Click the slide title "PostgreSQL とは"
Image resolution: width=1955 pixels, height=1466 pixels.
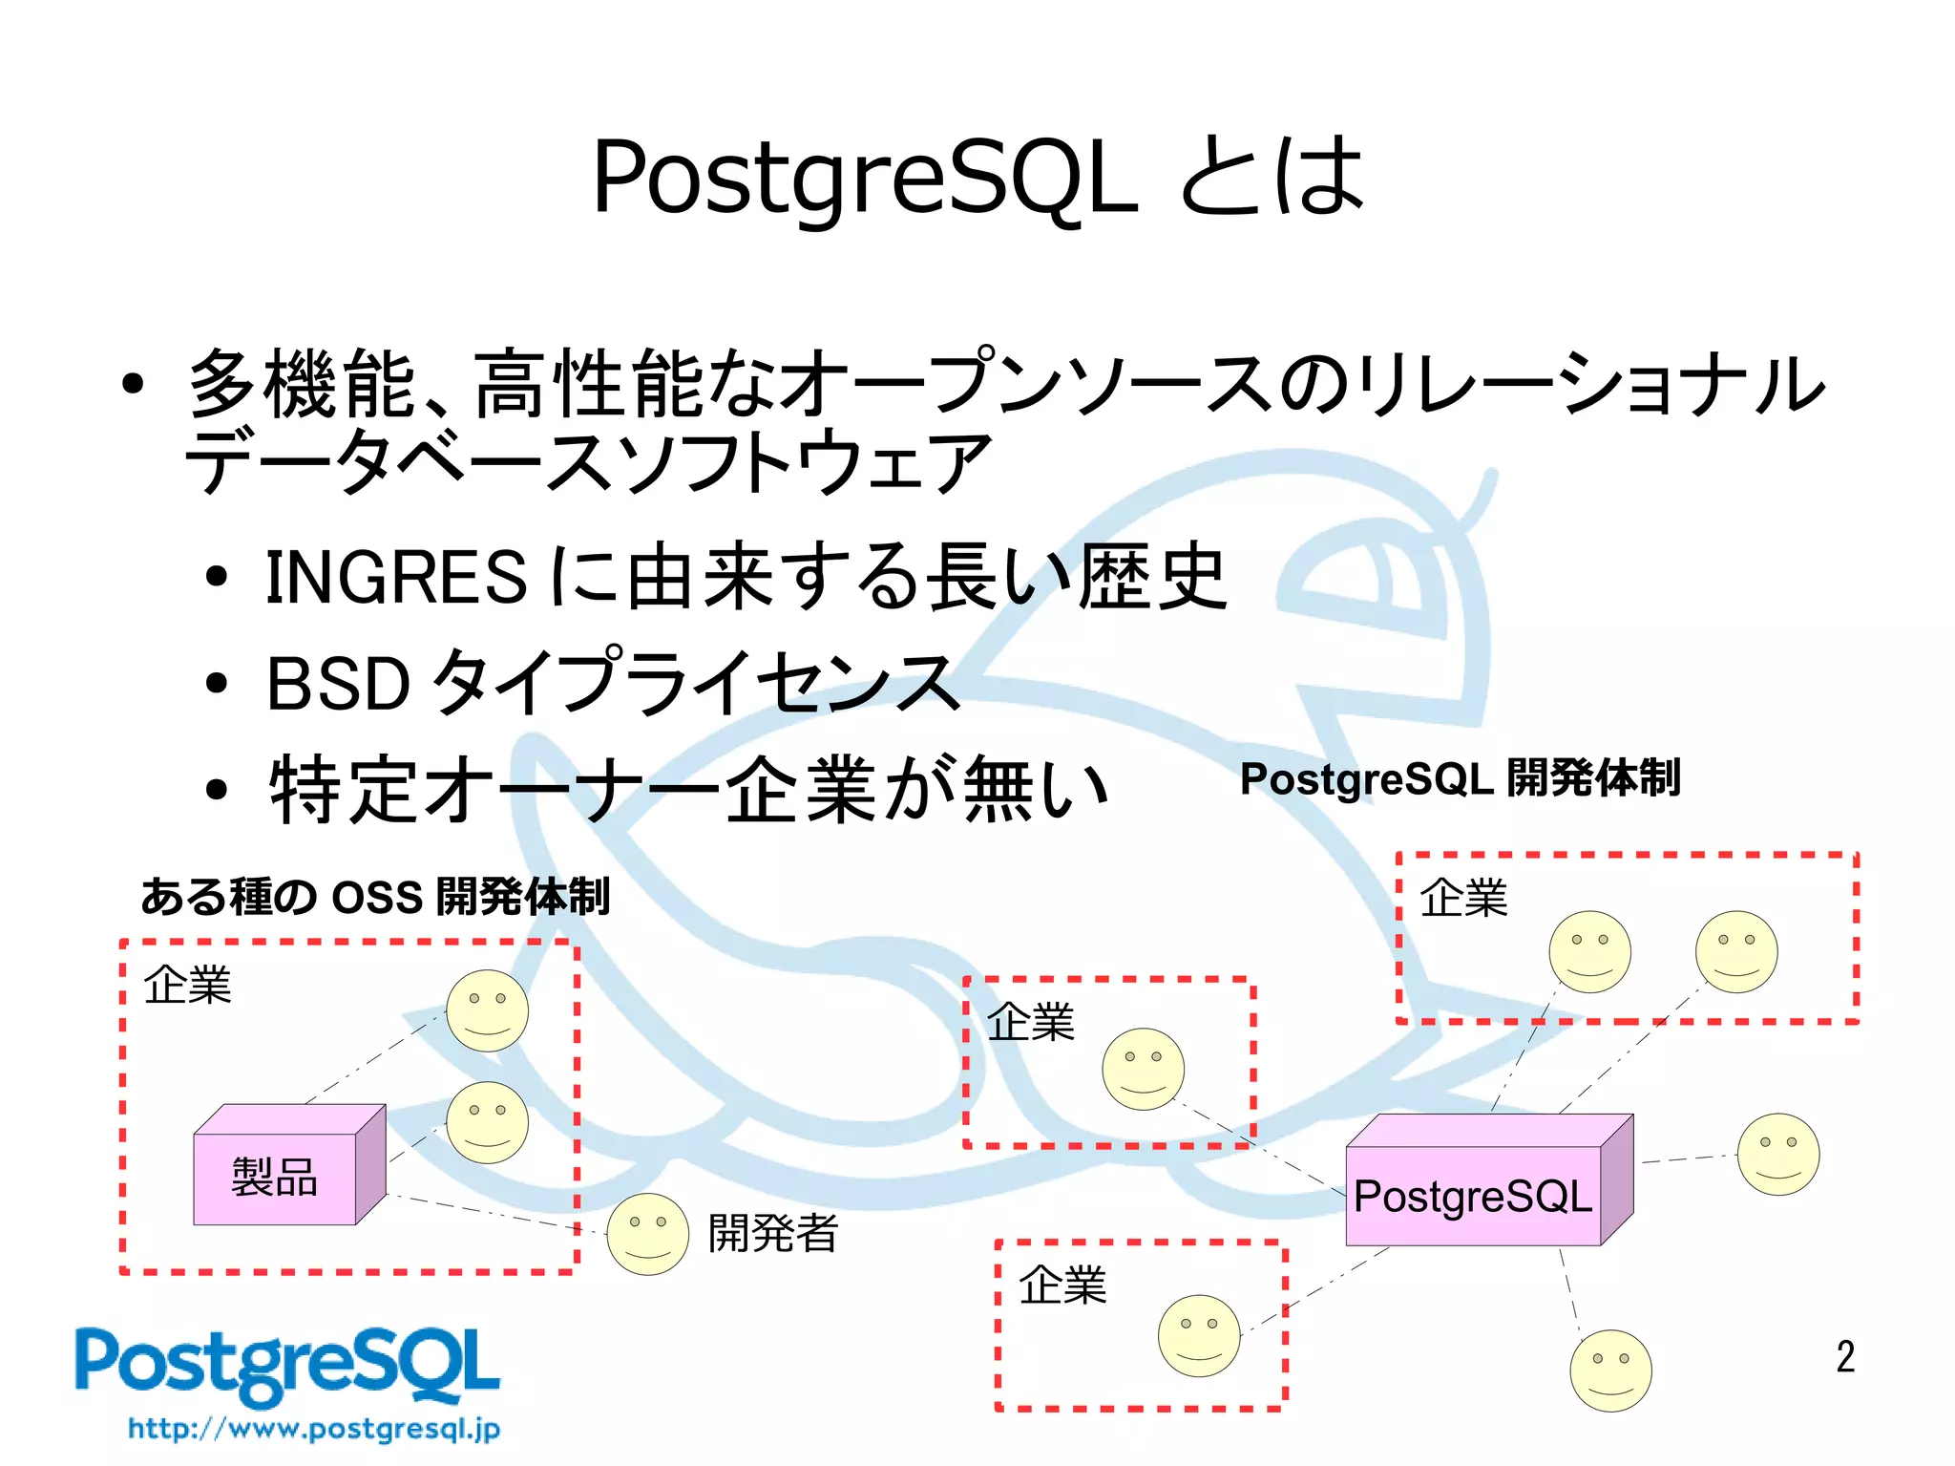977,177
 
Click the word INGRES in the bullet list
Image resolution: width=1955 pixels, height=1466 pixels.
395,577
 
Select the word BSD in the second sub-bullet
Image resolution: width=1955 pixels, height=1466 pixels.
338,684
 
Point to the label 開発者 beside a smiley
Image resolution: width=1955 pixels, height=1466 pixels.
772,1233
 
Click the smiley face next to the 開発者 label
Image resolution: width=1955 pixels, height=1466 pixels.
647,1233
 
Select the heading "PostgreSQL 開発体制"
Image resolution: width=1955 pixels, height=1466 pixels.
1460,778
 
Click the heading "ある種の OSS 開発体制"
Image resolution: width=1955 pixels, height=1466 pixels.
375,897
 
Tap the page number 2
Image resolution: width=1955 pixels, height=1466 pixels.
1845,1356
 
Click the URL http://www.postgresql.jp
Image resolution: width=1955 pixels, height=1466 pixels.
314,1429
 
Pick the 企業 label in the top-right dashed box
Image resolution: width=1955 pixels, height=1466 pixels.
1462,899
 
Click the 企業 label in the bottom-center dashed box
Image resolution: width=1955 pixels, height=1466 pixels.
1062,1285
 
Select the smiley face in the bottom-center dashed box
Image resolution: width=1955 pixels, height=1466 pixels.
1199,1335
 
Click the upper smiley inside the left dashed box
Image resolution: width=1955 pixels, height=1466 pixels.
488,1010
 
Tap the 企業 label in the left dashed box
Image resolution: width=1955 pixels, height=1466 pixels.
187,985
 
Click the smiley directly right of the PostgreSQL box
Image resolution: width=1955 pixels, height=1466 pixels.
1777,1154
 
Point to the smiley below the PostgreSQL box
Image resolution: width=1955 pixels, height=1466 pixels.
1610,1370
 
